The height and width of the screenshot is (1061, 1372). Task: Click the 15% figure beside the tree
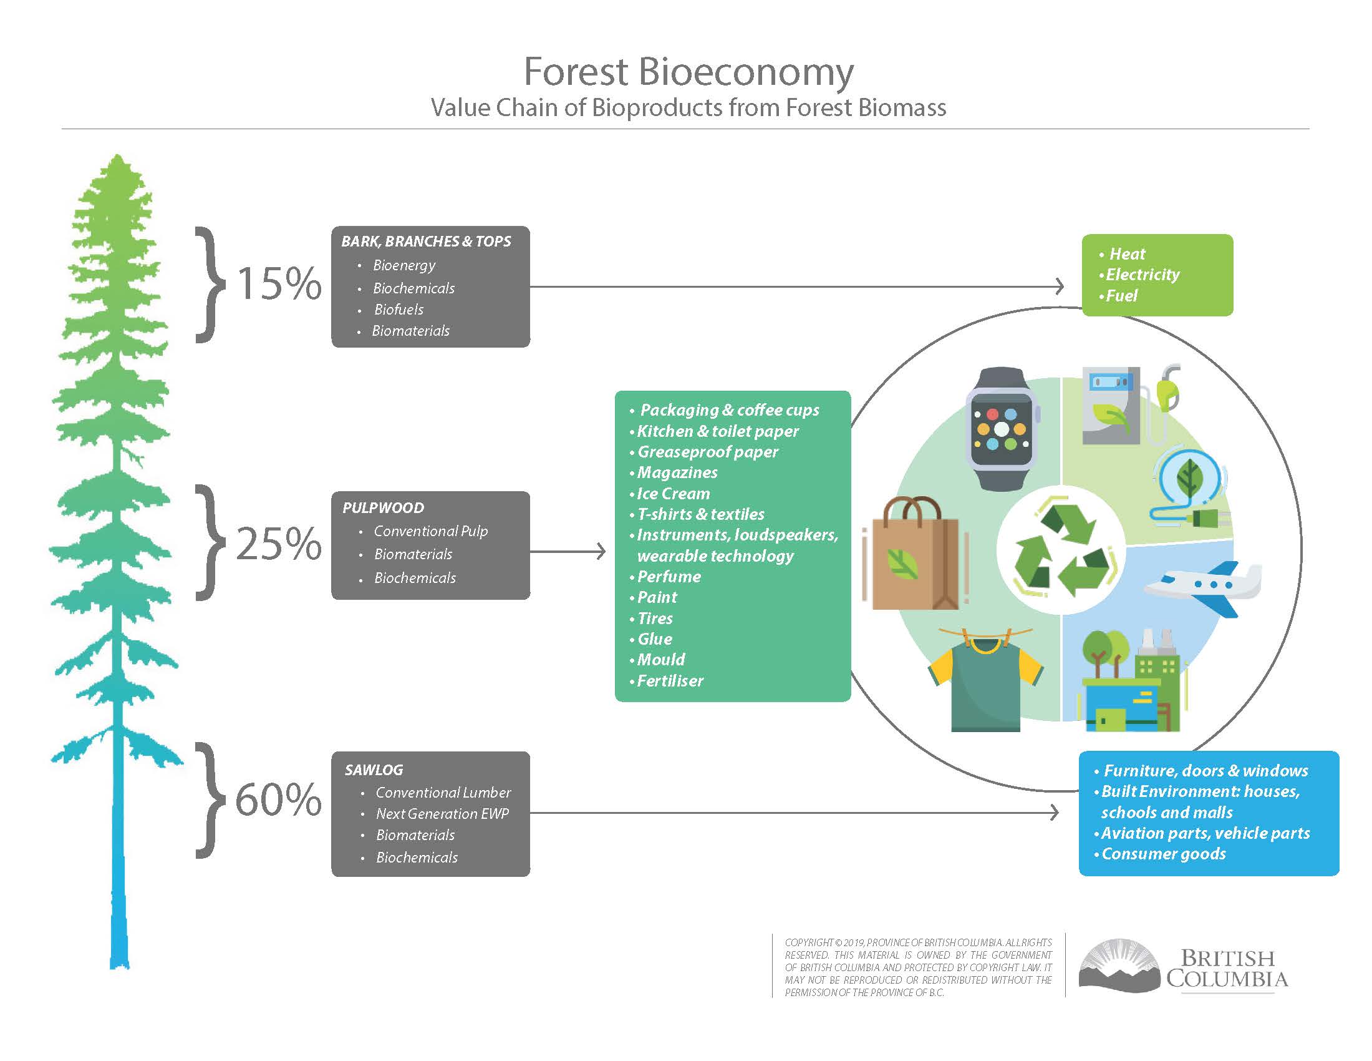[x=279, y=284]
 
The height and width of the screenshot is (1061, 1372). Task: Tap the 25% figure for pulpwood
[x=279, y=544]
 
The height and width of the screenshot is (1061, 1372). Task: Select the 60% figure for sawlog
[x=278, y=801]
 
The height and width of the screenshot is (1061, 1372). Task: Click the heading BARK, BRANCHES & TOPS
[x=426, y=242]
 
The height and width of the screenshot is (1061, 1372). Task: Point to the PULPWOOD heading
[x=383, y=508]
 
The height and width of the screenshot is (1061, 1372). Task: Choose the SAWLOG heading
[x=374, y=770]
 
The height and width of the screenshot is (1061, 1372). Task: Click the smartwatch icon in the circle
[x=1002, y=429]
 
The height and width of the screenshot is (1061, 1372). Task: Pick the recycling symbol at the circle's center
[x=1061, y=551]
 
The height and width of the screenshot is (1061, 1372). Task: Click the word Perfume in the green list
[x=669, y=577]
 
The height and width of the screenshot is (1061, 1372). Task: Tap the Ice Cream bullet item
[x=674, y=494]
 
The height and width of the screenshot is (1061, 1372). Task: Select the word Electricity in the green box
[x=1143, y=275]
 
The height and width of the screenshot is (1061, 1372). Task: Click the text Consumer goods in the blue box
[x=1164, y=854]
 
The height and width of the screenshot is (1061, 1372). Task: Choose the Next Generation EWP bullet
[x=442, y=814]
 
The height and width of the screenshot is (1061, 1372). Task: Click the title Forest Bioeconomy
[x=688, y=72]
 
